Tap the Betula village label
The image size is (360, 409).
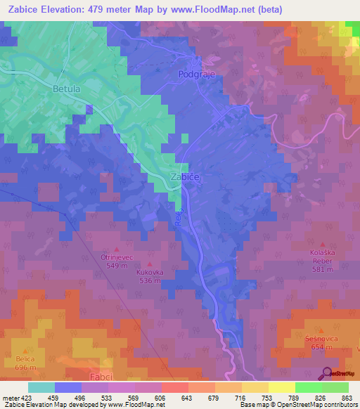coord(67,89)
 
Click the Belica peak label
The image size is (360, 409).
coord(27,358)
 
